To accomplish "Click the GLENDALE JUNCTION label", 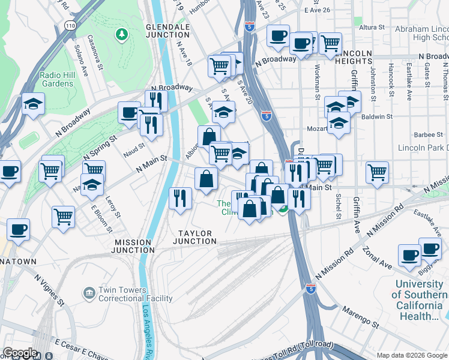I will [167, 31].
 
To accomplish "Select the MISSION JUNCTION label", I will [133, 247].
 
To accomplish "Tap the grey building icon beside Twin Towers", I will [89, 293].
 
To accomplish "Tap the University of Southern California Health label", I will [420, 300].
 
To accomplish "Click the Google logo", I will [20, 353].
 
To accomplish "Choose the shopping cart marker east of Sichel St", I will [377, 172].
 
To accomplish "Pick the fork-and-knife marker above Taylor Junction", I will [180, 197].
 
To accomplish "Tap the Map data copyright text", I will [411, 355].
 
